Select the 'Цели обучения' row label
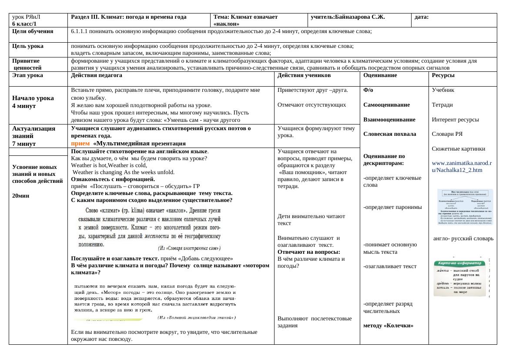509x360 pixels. [x=33, y=31]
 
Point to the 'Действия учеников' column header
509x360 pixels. [x=304, y=75]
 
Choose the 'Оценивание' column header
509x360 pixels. [x=380, y=75]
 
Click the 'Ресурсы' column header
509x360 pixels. [x=443, y=75]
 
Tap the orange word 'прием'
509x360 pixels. [x=80, y=143]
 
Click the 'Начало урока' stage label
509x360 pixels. [x=33, y=98]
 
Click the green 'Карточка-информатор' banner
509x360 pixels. [x=460, y=263]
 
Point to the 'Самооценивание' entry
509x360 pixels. [x=387, y=105]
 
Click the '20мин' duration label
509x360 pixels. [x=21, y=196]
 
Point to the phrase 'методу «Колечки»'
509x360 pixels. [x=388, y=325]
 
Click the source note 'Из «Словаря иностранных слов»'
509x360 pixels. [x=189, y=248]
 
